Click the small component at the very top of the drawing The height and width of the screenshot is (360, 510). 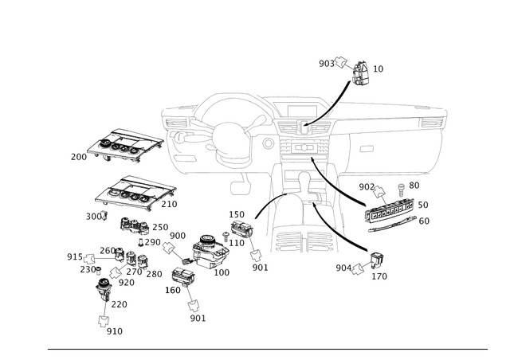pos(360,71)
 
